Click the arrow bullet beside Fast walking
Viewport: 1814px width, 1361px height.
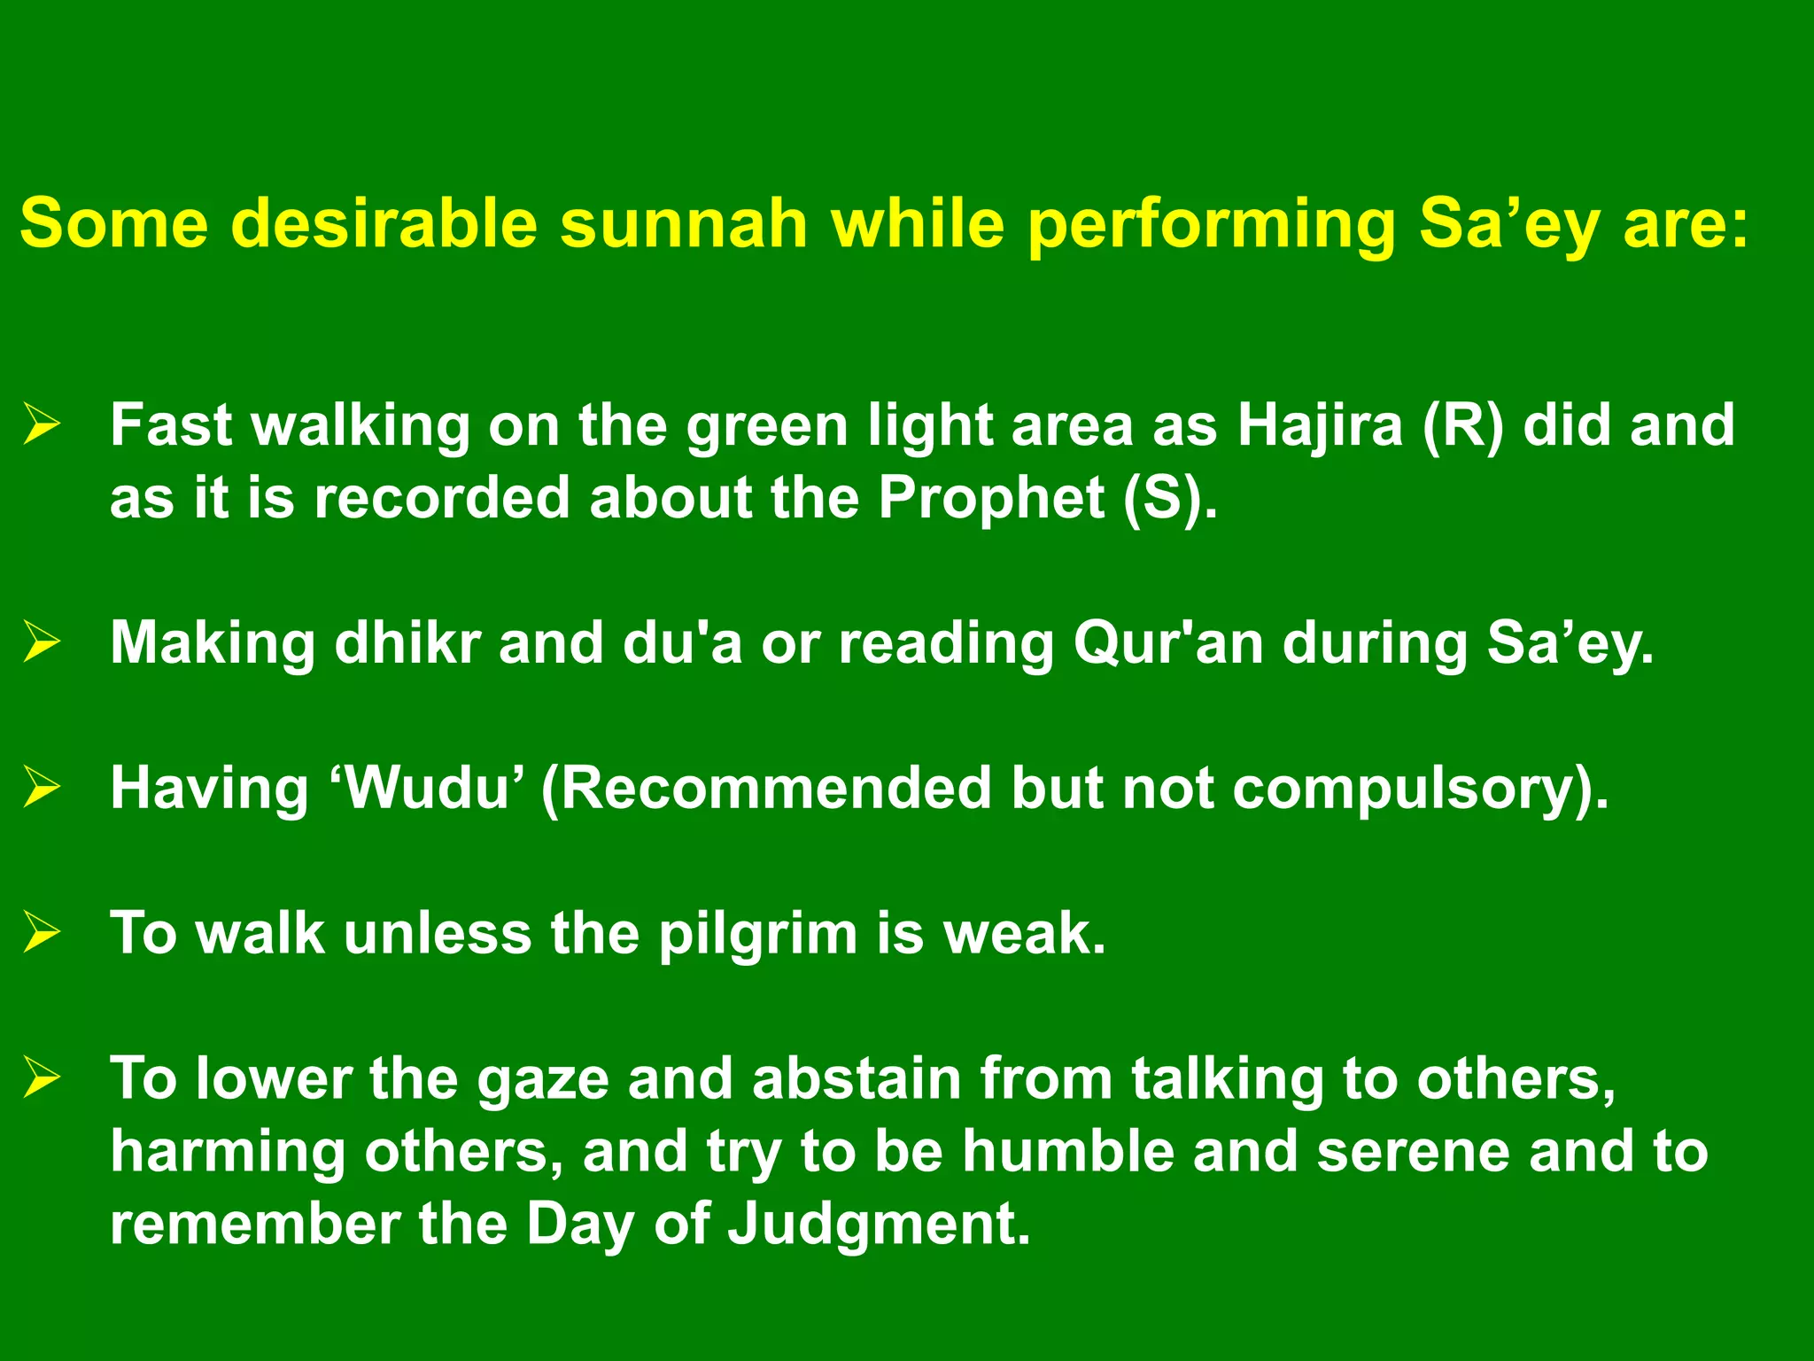(42, 424)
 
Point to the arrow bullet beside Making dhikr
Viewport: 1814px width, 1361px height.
(42, 642)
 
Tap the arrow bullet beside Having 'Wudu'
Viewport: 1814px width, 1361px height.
(42, 787)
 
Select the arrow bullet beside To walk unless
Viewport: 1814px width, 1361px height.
(42, 932)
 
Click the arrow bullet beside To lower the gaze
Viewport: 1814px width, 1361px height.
(42, 1077)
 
